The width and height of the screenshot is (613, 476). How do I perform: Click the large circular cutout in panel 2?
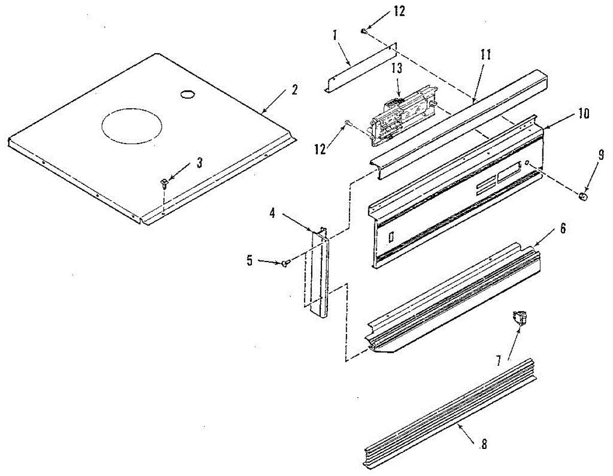132,125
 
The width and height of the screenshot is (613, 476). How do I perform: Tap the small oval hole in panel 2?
187,94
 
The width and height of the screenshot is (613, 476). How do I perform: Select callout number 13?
398,69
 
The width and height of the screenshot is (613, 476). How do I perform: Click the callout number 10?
583,114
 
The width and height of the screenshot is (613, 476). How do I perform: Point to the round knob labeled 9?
583,197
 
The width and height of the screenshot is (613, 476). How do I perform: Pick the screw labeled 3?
164,182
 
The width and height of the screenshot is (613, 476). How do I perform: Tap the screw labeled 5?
286,263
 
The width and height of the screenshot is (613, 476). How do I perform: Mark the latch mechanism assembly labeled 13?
401,115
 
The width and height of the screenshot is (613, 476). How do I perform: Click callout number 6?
562,228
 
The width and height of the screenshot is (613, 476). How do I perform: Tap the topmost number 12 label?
399,12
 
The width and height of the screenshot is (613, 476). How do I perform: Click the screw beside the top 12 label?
364,32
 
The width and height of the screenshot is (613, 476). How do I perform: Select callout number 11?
485,55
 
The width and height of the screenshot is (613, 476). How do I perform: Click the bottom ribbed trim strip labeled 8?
450,414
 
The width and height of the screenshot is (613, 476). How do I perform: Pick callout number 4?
272,213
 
